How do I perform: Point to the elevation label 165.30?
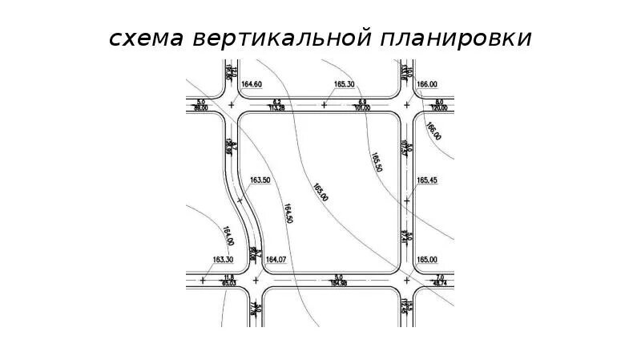click(345, 84)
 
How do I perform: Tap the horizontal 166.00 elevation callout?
click(427, 84)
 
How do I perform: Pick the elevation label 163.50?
click(260, 180)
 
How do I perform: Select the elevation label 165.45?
click(427, 180)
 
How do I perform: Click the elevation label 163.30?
click(223, 259)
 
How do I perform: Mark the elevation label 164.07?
click(276, 259)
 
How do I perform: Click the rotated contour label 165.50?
click(376, 161)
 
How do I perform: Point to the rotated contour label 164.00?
click(228, 236)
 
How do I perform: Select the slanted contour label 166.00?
click(433, 131)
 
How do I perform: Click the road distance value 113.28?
click(278, 107)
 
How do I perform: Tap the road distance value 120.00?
click(439, 107)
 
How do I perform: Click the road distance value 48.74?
click(439, 283)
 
